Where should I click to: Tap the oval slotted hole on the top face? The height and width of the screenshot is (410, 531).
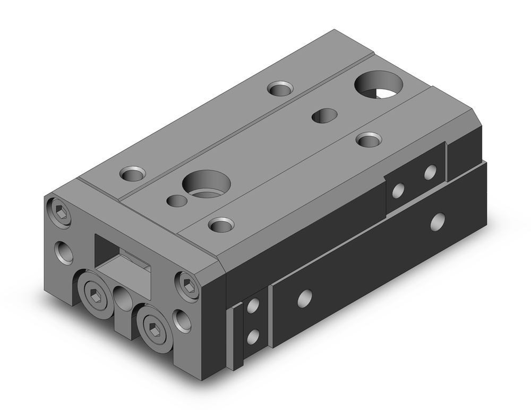(324, 115)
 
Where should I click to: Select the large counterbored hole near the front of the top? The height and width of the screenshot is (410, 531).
(205, 184)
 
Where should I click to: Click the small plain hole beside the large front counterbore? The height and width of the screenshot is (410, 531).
(176, 201)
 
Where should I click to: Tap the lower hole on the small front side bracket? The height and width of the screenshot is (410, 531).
(253, 336)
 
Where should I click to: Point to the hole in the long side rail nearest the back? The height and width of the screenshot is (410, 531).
(438, 221)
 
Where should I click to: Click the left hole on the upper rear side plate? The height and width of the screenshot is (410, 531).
(398, 190)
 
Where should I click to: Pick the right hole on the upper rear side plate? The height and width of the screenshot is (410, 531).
(430, 172)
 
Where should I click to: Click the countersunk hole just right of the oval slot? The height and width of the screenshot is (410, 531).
(369, 140)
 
